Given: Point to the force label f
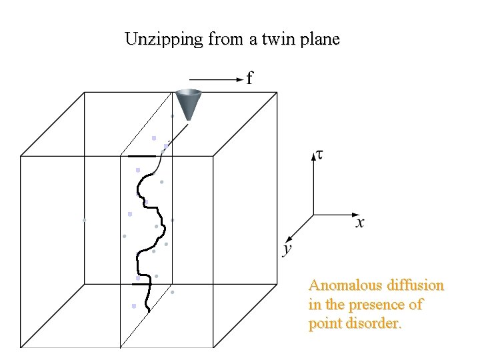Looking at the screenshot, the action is pyautogui.click(x=249, y=79).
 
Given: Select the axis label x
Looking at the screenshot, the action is pyautogui.click(x=359, y=223).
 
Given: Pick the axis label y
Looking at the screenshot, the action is pyautogui.click(x=287, y=249).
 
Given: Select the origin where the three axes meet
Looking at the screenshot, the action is pyautogui.click(x=313, y=215).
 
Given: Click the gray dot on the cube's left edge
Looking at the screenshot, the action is pyautogui.click(x=85, y=219).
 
